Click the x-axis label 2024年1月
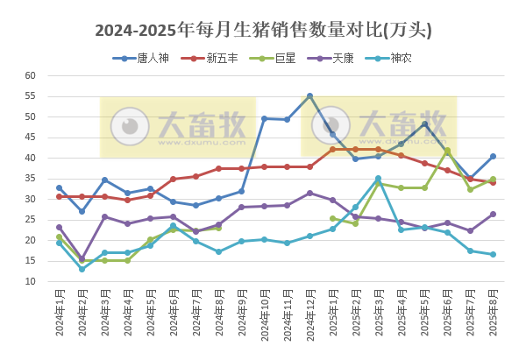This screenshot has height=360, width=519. [x=60, y=316]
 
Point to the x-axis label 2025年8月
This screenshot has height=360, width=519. [x=492, y=316]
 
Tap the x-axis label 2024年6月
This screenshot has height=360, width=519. [x=173, y=316]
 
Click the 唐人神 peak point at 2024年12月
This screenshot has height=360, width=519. [x=309, y=95]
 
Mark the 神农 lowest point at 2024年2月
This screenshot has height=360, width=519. [x=82, y=269]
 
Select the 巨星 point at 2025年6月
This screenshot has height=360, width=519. [x=447, y=150]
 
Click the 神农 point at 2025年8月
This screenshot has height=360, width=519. [x=493, y=255]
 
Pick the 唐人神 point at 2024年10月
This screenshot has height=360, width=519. [x=264, y=118]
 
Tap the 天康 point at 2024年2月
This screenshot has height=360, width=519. [x=82, y=258]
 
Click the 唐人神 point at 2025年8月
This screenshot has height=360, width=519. [x=493, y=157]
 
